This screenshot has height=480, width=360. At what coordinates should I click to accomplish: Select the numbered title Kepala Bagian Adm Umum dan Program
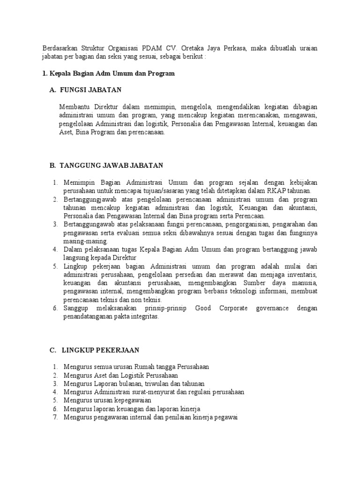pyautogui.click(x=112, y=74)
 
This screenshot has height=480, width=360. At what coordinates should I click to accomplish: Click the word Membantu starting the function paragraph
pyautogui.click(x=75, y=107)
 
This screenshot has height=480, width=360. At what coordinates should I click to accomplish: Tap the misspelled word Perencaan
pyautogui.click(x=248, y=216)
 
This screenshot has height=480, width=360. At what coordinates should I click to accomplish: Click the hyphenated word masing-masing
pyautogui.click(x=86, y=241)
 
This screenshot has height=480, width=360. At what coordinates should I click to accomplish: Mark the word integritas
pyautogui.click(x=143, y=317)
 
